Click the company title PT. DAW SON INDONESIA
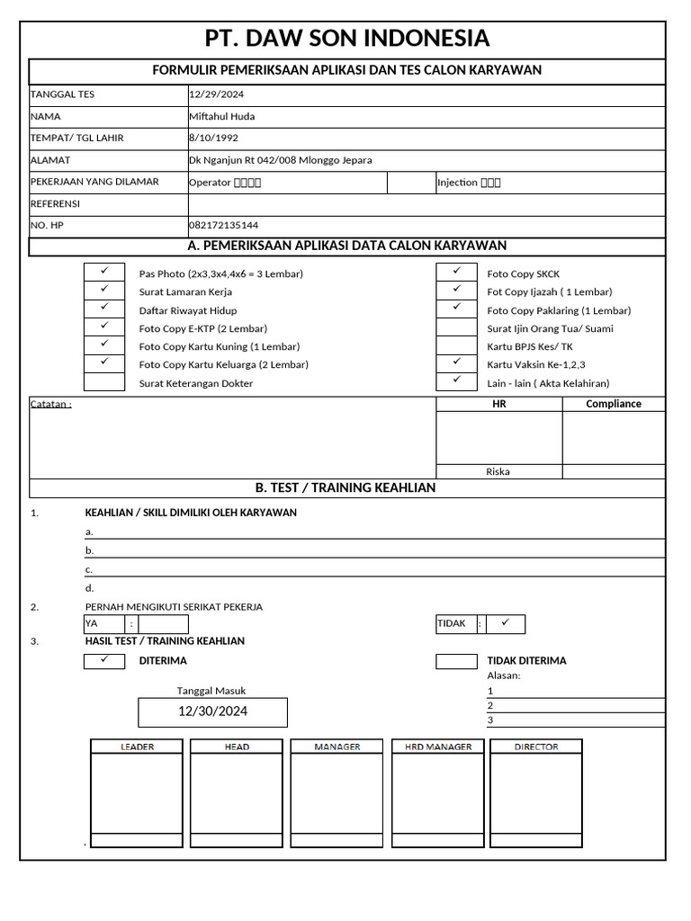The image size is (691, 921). coord(347,39)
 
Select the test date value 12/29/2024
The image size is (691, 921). coord(216,94)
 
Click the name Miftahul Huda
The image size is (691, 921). coord(220,116)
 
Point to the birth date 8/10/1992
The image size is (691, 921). coord(212,138)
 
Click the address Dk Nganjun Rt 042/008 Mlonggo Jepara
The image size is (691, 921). coord(280,160)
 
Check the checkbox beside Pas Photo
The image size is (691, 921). coord(103,273)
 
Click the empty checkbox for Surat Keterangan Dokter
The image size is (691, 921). coord(103,383)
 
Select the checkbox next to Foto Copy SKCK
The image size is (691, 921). coord(456,273)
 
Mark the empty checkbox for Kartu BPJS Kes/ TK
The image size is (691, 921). coord(456,346)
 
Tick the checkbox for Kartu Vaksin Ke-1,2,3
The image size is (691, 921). coord(456,364)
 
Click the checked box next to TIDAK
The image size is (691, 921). coord(504,623)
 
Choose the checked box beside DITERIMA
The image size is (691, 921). coord(103,661)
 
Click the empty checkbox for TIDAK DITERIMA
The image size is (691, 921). coord(456,661)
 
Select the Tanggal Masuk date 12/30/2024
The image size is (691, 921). coord(212,711)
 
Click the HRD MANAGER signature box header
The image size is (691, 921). coord(438,747)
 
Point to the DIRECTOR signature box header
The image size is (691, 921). coord(536,747)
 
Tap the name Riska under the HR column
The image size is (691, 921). coord(498,471)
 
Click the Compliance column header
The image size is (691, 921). coord(614,404)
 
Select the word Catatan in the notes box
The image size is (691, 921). coord(49,404)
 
